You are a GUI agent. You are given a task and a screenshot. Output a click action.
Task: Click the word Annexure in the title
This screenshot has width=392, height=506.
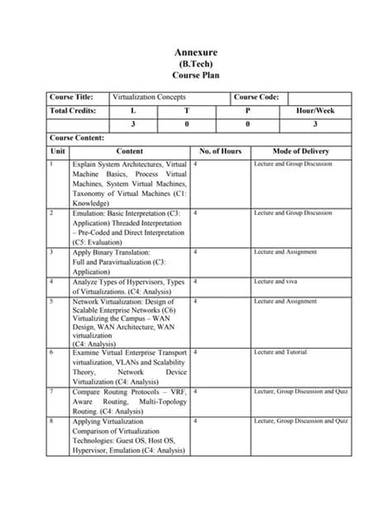pos(195,54)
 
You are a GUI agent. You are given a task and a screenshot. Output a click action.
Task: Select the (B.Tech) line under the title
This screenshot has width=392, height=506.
pos(195,64)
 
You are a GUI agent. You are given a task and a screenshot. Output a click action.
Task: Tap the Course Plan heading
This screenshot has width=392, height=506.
pos(195,75)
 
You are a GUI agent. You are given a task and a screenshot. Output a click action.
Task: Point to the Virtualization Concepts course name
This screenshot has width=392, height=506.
pos(150,98)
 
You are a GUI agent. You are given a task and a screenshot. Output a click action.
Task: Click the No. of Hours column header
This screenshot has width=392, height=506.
pos(221,151)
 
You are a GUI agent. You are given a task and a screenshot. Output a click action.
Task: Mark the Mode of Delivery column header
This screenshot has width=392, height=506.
pos(301,151)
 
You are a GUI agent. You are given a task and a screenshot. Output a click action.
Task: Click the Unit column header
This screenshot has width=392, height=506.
pos(58,151)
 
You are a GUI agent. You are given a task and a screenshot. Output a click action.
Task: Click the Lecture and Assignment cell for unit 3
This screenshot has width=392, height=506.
pos(285,252)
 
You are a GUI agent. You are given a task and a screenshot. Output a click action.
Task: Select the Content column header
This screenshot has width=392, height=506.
pos(130,151)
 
